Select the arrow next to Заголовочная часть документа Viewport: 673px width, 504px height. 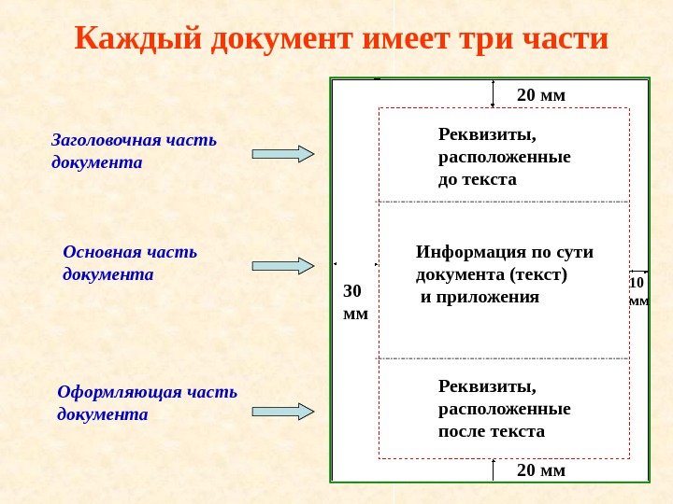tap(283, 154)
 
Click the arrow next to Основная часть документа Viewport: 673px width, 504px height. tap(283, 266)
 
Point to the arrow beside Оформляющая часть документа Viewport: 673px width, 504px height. tap(283, 411)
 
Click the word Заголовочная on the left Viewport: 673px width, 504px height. tap(106, 140)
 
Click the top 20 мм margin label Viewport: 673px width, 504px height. tap(541, 95)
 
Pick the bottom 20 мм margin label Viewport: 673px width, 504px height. tap(541, 469)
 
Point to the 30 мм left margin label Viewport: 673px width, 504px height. tap(355, 302)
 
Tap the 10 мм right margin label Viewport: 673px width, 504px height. tap(638, 291)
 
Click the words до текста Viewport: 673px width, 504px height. tap(477, 178)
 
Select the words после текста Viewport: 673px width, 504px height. tap(491, 431)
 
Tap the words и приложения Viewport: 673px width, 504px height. tap(479, 297)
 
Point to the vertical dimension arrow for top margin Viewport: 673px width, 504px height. tap(493, 94)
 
